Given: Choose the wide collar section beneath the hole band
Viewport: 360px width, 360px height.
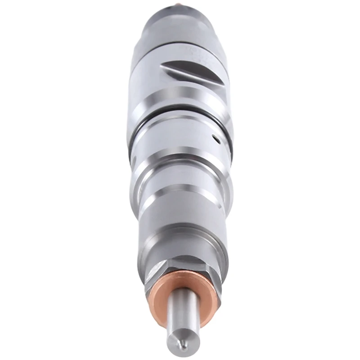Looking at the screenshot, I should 180,175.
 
